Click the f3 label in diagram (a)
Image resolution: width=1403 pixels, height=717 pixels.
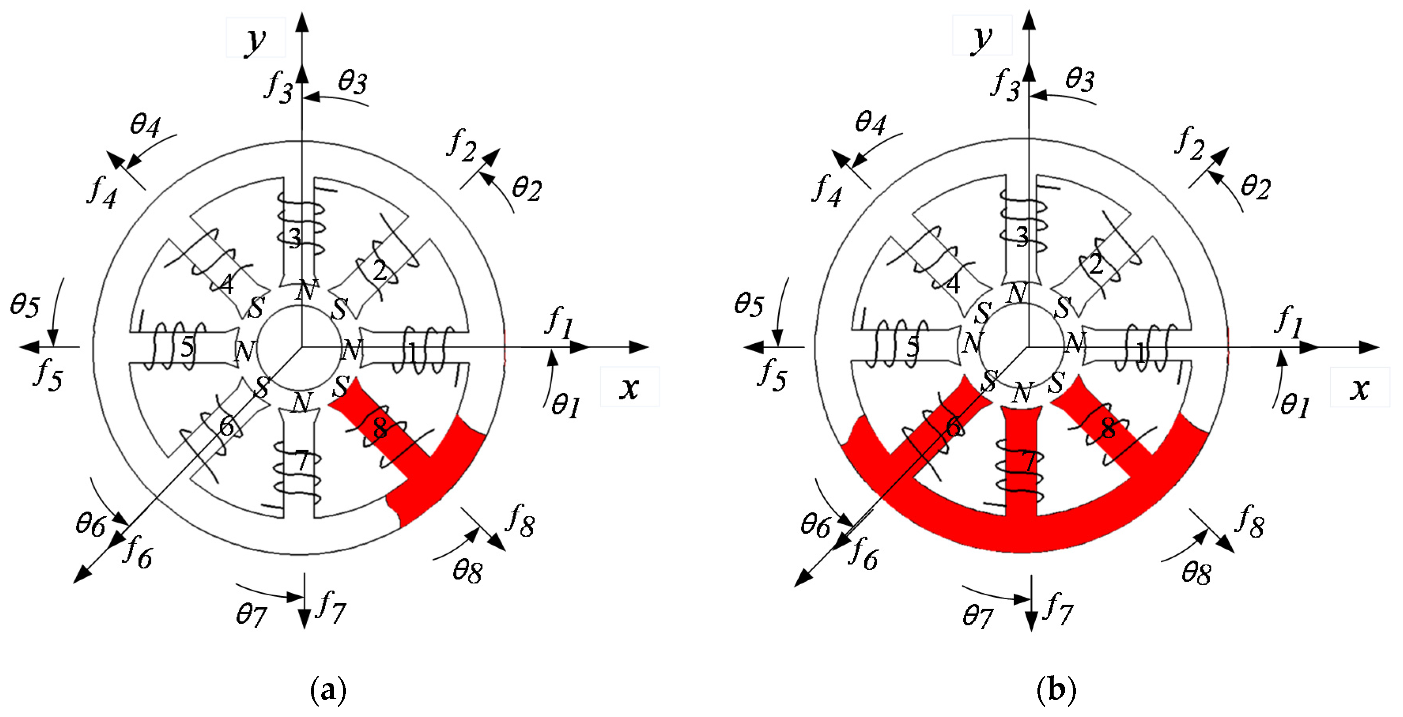(279, 87)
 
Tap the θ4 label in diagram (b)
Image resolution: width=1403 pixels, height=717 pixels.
(870, 122)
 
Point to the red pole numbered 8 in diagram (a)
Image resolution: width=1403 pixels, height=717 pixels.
(380, 429)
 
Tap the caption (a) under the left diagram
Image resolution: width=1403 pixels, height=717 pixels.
(328, 690)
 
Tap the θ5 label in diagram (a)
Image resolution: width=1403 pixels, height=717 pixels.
(25, 305)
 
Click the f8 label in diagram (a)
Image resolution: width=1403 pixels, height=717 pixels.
(520, 520)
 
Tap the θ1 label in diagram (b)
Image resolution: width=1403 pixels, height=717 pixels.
(1295, 406)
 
